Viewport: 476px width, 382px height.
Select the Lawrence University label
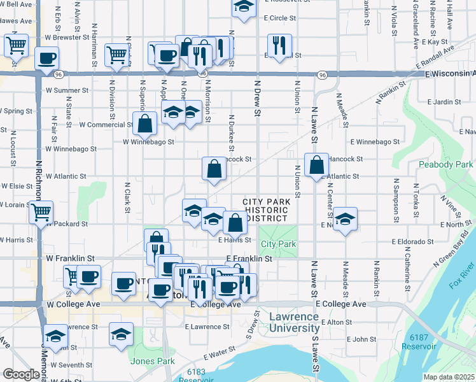point(293,323)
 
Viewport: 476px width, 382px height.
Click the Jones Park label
point(153,361)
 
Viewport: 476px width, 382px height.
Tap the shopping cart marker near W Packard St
point(41,213)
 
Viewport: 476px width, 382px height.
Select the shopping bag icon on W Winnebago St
point(145,124)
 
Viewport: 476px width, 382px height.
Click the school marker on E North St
point(345,220)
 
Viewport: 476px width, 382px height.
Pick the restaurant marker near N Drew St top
point(279,46)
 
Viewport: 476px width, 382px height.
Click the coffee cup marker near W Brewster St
point(47,59)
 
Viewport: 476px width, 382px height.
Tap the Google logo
point(21,374)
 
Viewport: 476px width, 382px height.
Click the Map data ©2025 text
point(449,377)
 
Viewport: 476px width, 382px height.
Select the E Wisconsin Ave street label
point(449,74)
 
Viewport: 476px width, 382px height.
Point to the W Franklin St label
point(71,258)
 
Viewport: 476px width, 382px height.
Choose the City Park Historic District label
point(267,210)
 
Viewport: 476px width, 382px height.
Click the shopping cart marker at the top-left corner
point(16,46)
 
